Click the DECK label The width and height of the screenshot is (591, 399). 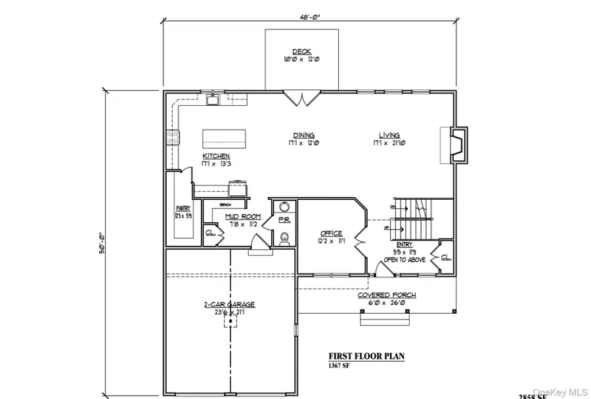point(301,51)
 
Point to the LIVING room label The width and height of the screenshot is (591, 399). point(389,135)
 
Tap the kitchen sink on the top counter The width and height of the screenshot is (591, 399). point(211,101)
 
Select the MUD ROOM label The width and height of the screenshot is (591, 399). point(243,216)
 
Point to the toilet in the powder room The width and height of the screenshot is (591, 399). point(284,237)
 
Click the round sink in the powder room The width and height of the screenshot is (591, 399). point(284,206)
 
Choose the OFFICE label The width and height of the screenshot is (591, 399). point(332,233)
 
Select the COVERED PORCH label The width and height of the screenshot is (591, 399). point(386,295)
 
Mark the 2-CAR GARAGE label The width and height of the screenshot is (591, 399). point(229,304)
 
